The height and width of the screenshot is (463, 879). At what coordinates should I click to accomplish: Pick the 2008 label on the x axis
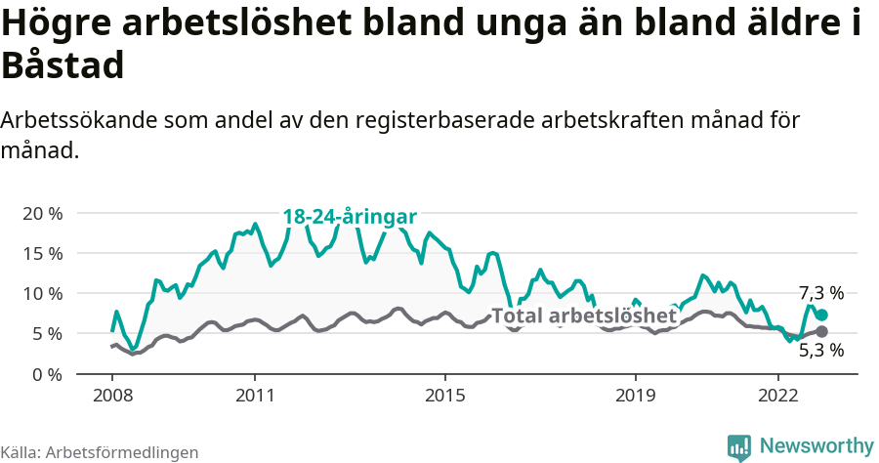coord(112,396)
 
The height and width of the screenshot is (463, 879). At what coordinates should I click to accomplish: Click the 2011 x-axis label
coord(255,396)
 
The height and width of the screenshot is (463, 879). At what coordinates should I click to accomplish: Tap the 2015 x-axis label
coord(445,396)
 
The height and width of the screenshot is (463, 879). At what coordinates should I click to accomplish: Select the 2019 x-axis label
coord(636,396)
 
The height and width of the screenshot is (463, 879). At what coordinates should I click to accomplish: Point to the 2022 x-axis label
coord(778,396)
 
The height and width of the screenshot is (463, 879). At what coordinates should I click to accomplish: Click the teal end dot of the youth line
coord(821,315)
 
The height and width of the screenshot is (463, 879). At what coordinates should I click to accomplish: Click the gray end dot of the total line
coord(821,331)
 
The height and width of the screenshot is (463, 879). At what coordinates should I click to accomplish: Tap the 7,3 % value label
coord(820,292)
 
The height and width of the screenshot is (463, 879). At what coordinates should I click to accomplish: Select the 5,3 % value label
coord(820,351)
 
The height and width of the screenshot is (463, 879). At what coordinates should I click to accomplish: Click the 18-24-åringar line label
coord(350,217)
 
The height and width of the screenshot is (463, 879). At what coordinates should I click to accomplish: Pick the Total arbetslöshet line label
coord(583,316)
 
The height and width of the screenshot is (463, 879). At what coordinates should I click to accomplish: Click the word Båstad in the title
coord(63,66)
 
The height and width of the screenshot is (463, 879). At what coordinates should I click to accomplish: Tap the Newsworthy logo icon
coord(738,446)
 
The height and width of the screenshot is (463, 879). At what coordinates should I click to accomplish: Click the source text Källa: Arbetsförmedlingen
coord(100,452)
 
